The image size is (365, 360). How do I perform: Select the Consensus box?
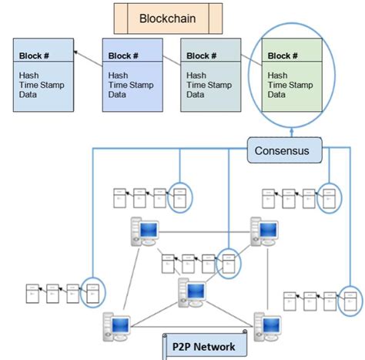tap(283, 150)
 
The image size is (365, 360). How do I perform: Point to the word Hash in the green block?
tap(278, 75)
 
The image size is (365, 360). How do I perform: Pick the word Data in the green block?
tap(277, 95)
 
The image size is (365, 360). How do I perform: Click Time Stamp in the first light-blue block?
tap(40, 85)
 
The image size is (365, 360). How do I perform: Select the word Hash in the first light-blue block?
tap(28, 75)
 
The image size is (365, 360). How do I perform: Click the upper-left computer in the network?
tap(144, 229)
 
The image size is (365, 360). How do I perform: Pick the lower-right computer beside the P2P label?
tap(267, 326)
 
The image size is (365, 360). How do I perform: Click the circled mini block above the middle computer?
tap(228, 261)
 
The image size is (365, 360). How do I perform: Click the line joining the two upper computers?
tap(205, 229)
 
